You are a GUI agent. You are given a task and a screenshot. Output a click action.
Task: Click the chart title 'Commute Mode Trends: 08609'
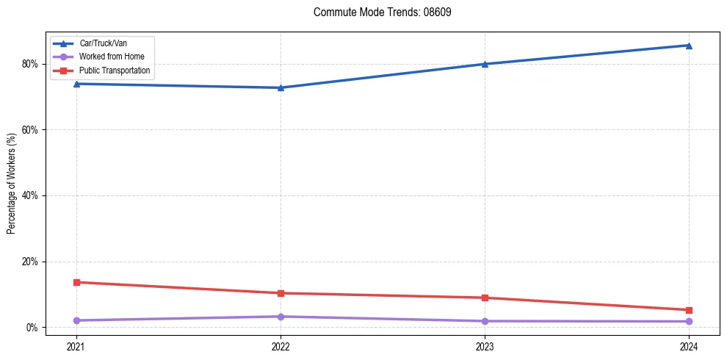pyautogui.click(x=383, y=12)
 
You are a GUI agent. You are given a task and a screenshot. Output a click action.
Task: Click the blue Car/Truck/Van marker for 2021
pyautogui.click(x=76, y=84)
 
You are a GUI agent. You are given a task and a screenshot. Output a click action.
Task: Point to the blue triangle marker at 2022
pyautogui.click(x=281, y=88)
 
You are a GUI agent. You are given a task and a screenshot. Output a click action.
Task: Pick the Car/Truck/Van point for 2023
pyautogui.click(x=485, y=64)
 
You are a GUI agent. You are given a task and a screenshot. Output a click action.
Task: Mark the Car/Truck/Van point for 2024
pyautogui.click(x=689, y=46)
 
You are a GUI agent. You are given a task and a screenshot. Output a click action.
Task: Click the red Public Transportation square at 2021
pyautogui.click(x=76, y=282)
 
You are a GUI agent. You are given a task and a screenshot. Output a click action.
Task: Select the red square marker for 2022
pyautogui.click(x=281, y=293)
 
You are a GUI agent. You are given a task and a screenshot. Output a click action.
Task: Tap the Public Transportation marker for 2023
pyautogui.click(x=485, y=298)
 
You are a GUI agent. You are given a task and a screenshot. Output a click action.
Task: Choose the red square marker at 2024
pyautogui.click(x=689, y=310)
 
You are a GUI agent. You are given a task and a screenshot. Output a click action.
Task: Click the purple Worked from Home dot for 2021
pyautogui.click(x=76, y=320)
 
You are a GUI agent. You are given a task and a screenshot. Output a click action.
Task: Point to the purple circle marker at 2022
pyautogui.click(x=281, y=317)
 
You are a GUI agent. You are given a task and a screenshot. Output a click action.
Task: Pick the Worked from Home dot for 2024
pyautogui.click(x=689, y=321)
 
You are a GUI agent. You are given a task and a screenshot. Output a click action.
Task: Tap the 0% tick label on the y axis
pyautogui.click(x=31, y=328)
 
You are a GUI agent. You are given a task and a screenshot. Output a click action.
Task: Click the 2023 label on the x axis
pyautogui.click(x=485, y=346)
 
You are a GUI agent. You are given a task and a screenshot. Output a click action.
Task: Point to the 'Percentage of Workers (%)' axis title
pyautogui.click(x=11, y=184)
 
